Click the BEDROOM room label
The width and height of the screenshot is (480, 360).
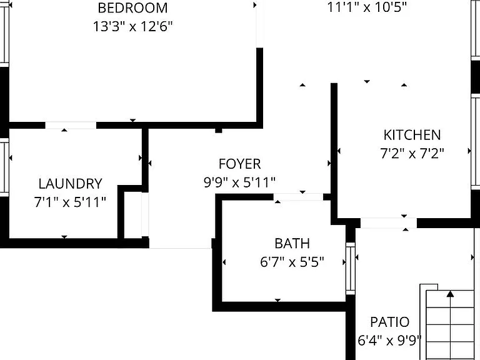(132, 8)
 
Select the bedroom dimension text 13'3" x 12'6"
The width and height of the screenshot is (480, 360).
(132, 27)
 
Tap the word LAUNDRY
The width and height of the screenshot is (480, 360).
(71, 184)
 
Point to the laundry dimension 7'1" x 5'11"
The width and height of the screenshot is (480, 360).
(70, 202)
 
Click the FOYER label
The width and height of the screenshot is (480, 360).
(240, 164)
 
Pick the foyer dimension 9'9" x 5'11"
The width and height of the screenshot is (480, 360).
(240, 182)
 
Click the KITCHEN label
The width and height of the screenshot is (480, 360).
(412, 135)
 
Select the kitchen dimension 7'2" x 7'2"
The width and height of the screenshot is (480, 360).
(412, 153)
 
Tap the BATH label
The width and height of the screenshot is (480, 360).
(292, 244)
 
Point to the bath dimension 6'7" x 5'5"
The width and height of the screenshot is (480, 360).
(292, 262)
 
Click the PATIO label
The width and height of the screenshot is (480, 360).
(390, 322)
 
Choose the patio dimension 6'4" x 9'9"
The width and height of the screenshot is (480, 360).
(389, 341)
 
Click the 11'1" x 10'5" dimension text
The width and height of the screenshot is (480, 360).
(367, 7)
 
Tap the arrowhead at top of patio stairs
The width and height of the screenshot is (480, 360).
(450, 294)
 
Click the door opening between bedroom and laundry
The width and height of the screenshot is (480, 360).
(71, 125)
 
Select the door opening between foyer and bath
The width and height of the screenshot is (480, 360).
(298, 197)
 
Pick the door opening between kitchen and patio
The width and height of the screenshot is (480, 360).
(389, 223)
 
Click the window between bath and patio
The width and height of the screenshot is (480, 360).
(351, 268)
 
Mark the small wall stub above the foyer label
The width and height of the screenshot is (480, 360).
(219, 131)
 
